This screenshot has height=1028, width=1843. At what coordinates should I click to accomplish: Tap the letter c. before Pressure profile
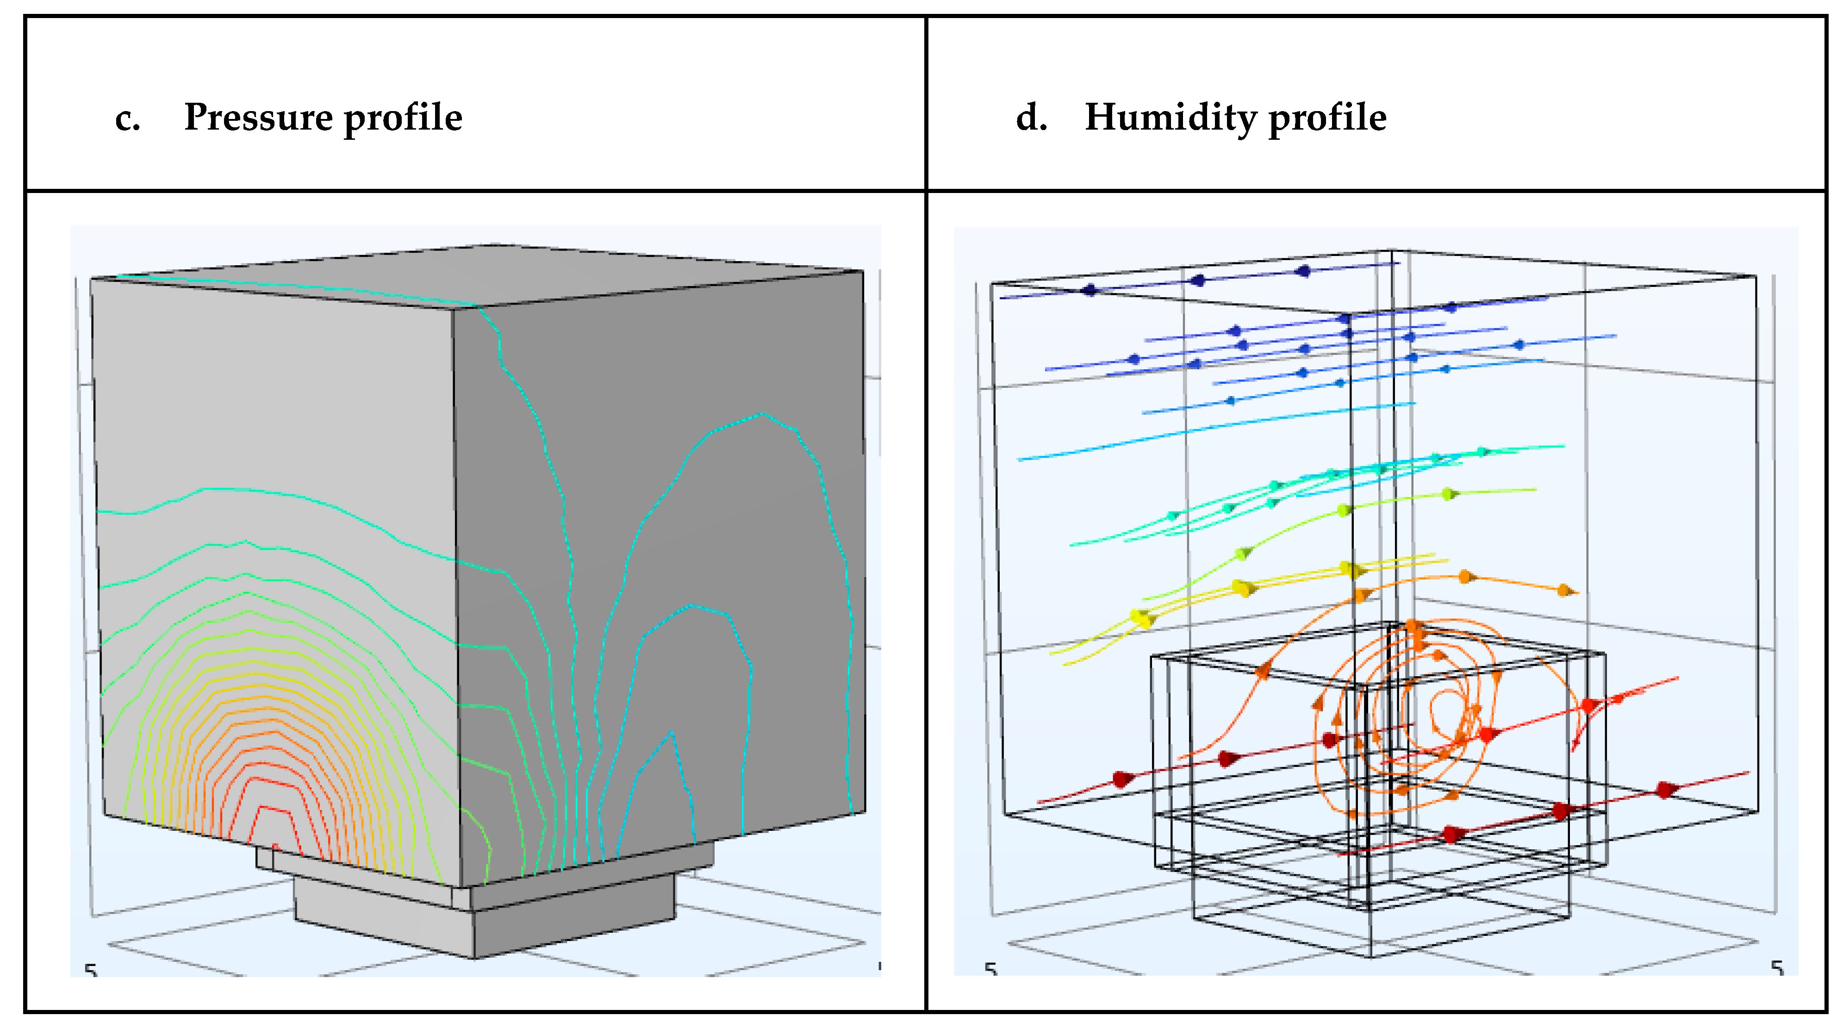point(127,119)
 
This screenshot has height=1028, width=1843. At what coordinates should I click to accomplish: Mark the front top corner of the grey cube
point(452,308)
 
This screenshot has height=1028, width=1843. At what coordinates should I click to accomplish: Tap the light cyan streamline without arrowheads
point(1216,429)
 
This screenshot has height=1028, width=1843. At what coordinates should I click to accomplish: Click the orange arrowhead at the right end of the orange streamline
point(1565,590)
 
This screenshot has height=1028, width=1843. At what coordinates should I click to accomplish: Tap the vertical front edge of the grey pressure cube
point(456,594)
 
